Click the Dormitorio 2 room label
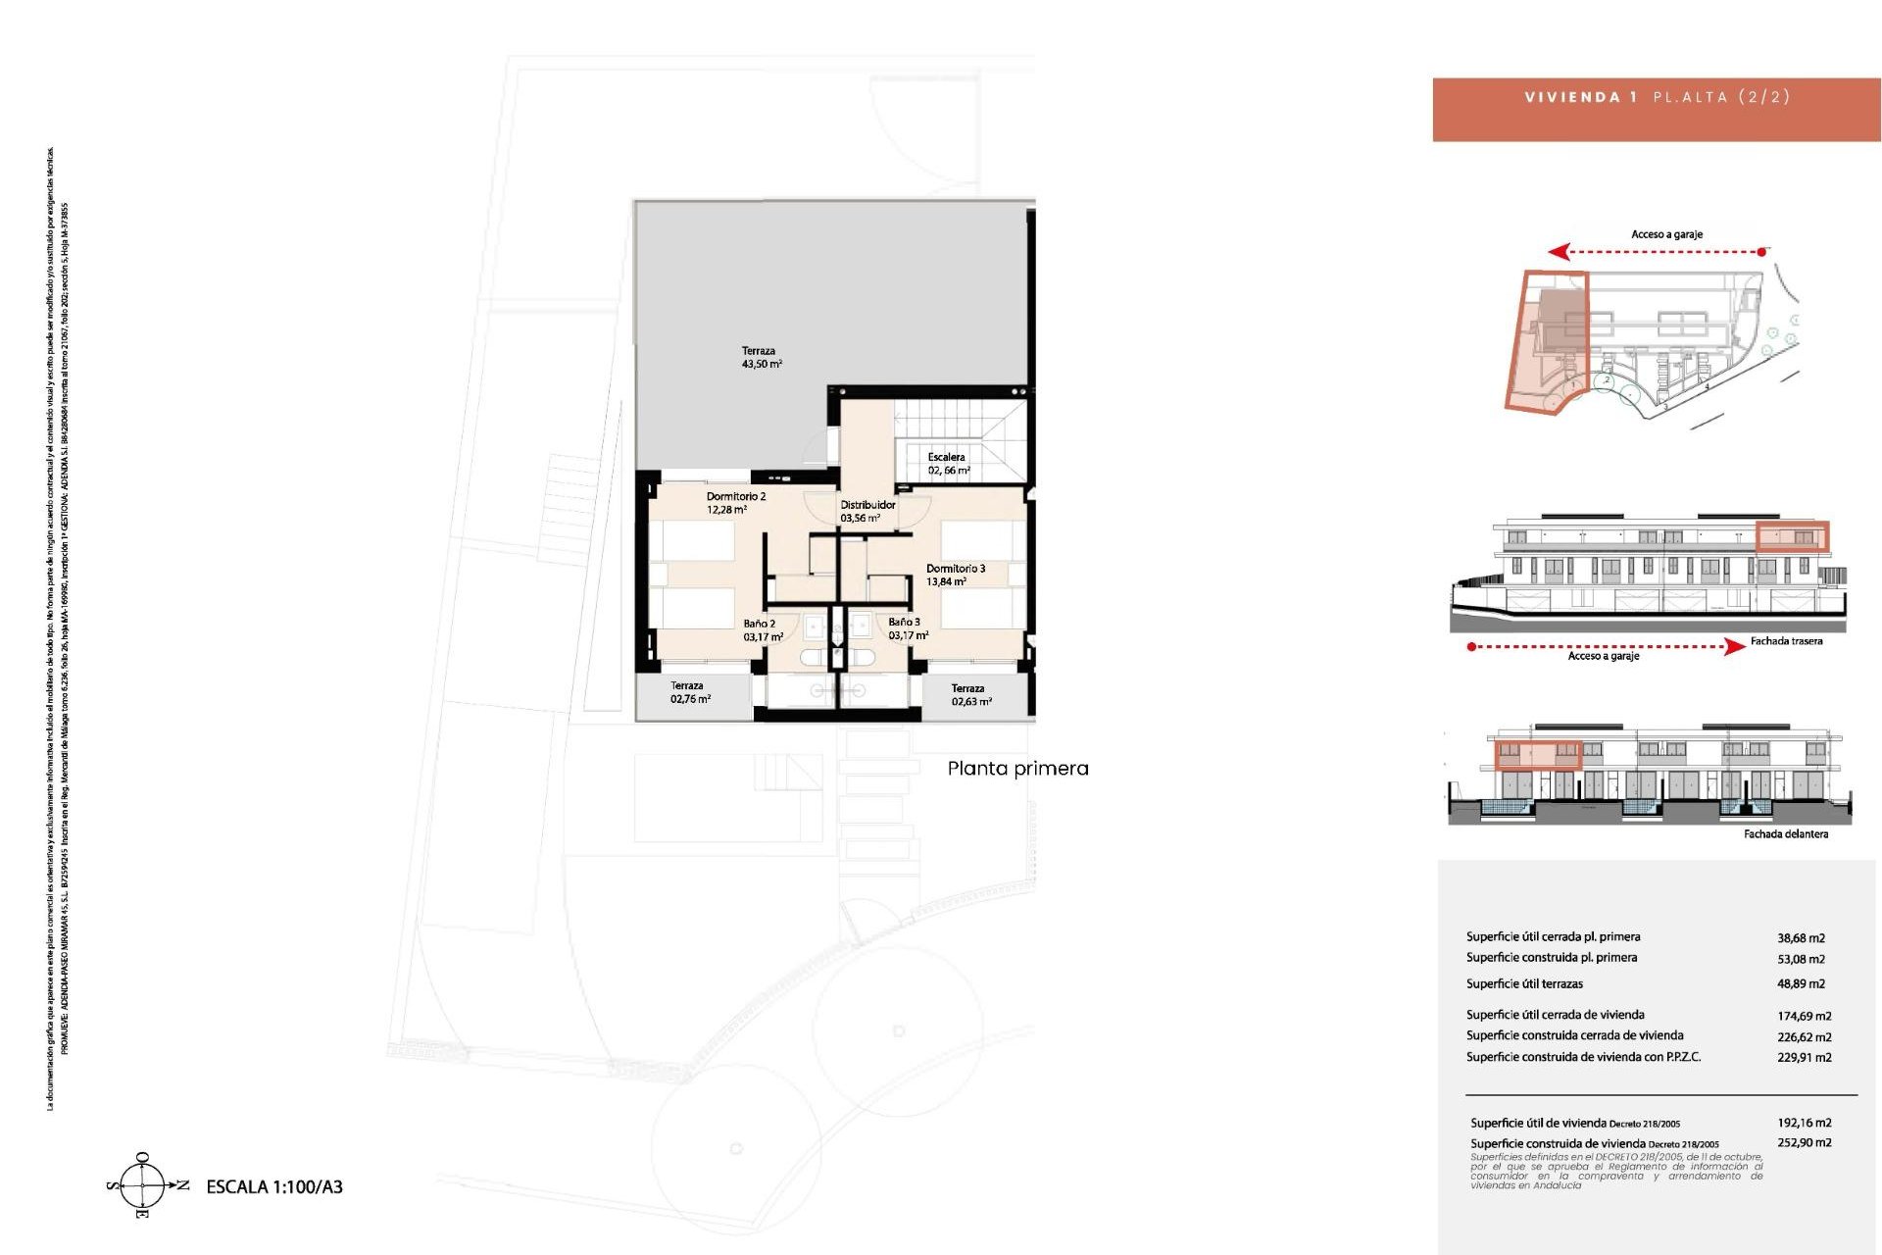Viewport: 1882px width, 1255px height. [x=735, y=503]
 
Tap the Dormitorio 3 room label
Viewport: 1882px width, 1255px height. [x=955, y=575]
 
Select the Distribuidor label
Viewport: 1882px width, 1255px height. [x=867, y=511]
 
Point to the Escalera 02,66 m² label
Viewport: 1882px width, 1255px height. [x=947, y=464]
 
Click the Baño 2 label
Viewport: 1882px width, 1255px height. [x=762, y=629]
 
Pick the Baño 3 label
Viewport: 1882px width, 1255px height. [x=907, y=628]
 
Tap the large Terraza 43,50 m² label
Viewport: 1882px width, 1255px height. [x=761, y=357]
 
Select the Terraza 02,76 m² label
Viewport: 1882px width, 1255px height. [x=689, y=692]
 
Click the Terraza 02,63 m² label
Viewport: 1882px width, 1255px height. [x=970, y=694]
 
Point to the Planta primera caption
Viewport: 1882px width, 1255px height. [x=1017, y=769]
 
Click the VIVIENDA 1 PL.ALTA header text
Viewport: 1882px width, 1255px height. [x=1657, y=97]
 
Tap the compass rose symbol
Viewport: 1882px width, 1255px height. [x=143, y=1185]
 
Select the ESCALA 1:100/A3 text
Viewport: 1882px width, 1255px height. [x=274, y=1186]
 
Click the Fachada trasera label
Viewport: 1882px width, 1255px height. [x=1786, y=641]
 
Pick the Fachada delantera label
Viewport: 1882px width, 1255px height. [x=1785, y=834]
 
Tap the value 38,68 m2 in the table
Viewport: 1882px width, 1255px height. [x=1801, y=938]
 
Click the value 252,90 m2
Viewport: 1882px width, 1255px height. [x=1804, y=1142]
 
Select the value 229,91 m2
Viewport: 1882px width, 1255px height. [x=1804, y=1057]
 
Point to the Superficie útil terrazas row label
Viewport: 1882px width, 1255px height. [x=1524, y=983]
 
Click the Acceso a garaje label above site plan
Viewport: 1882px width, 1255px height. [x=1666, y=234]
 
